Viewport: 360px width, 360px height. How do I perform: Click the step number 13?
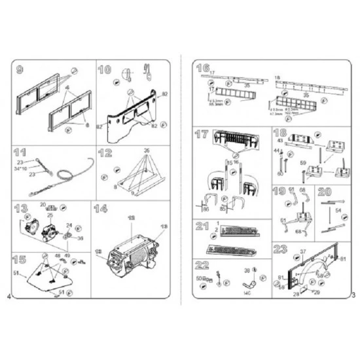pos(20,209)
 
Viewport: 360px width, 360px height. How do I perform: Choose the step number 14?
pos(101,209)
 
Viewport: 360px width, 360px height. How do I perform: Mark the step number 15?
pos(20,259)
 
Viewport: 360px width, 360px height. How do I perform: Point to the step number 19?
pos(279,192)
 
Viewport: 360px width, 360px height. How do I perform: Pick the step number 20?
pos(324,192)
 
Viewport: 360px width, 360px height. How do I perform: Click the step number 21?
pos(202,226)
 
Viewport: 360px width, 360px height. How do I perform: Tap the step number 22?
pos(202,265)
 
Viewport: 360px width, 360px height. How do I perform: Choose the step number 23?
pos(280,249)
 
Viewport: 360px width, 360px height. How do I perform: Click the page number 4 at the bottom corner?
pos(8,298)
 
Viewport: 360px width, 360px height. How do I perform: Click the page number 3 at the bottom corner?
pos(352,296)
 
